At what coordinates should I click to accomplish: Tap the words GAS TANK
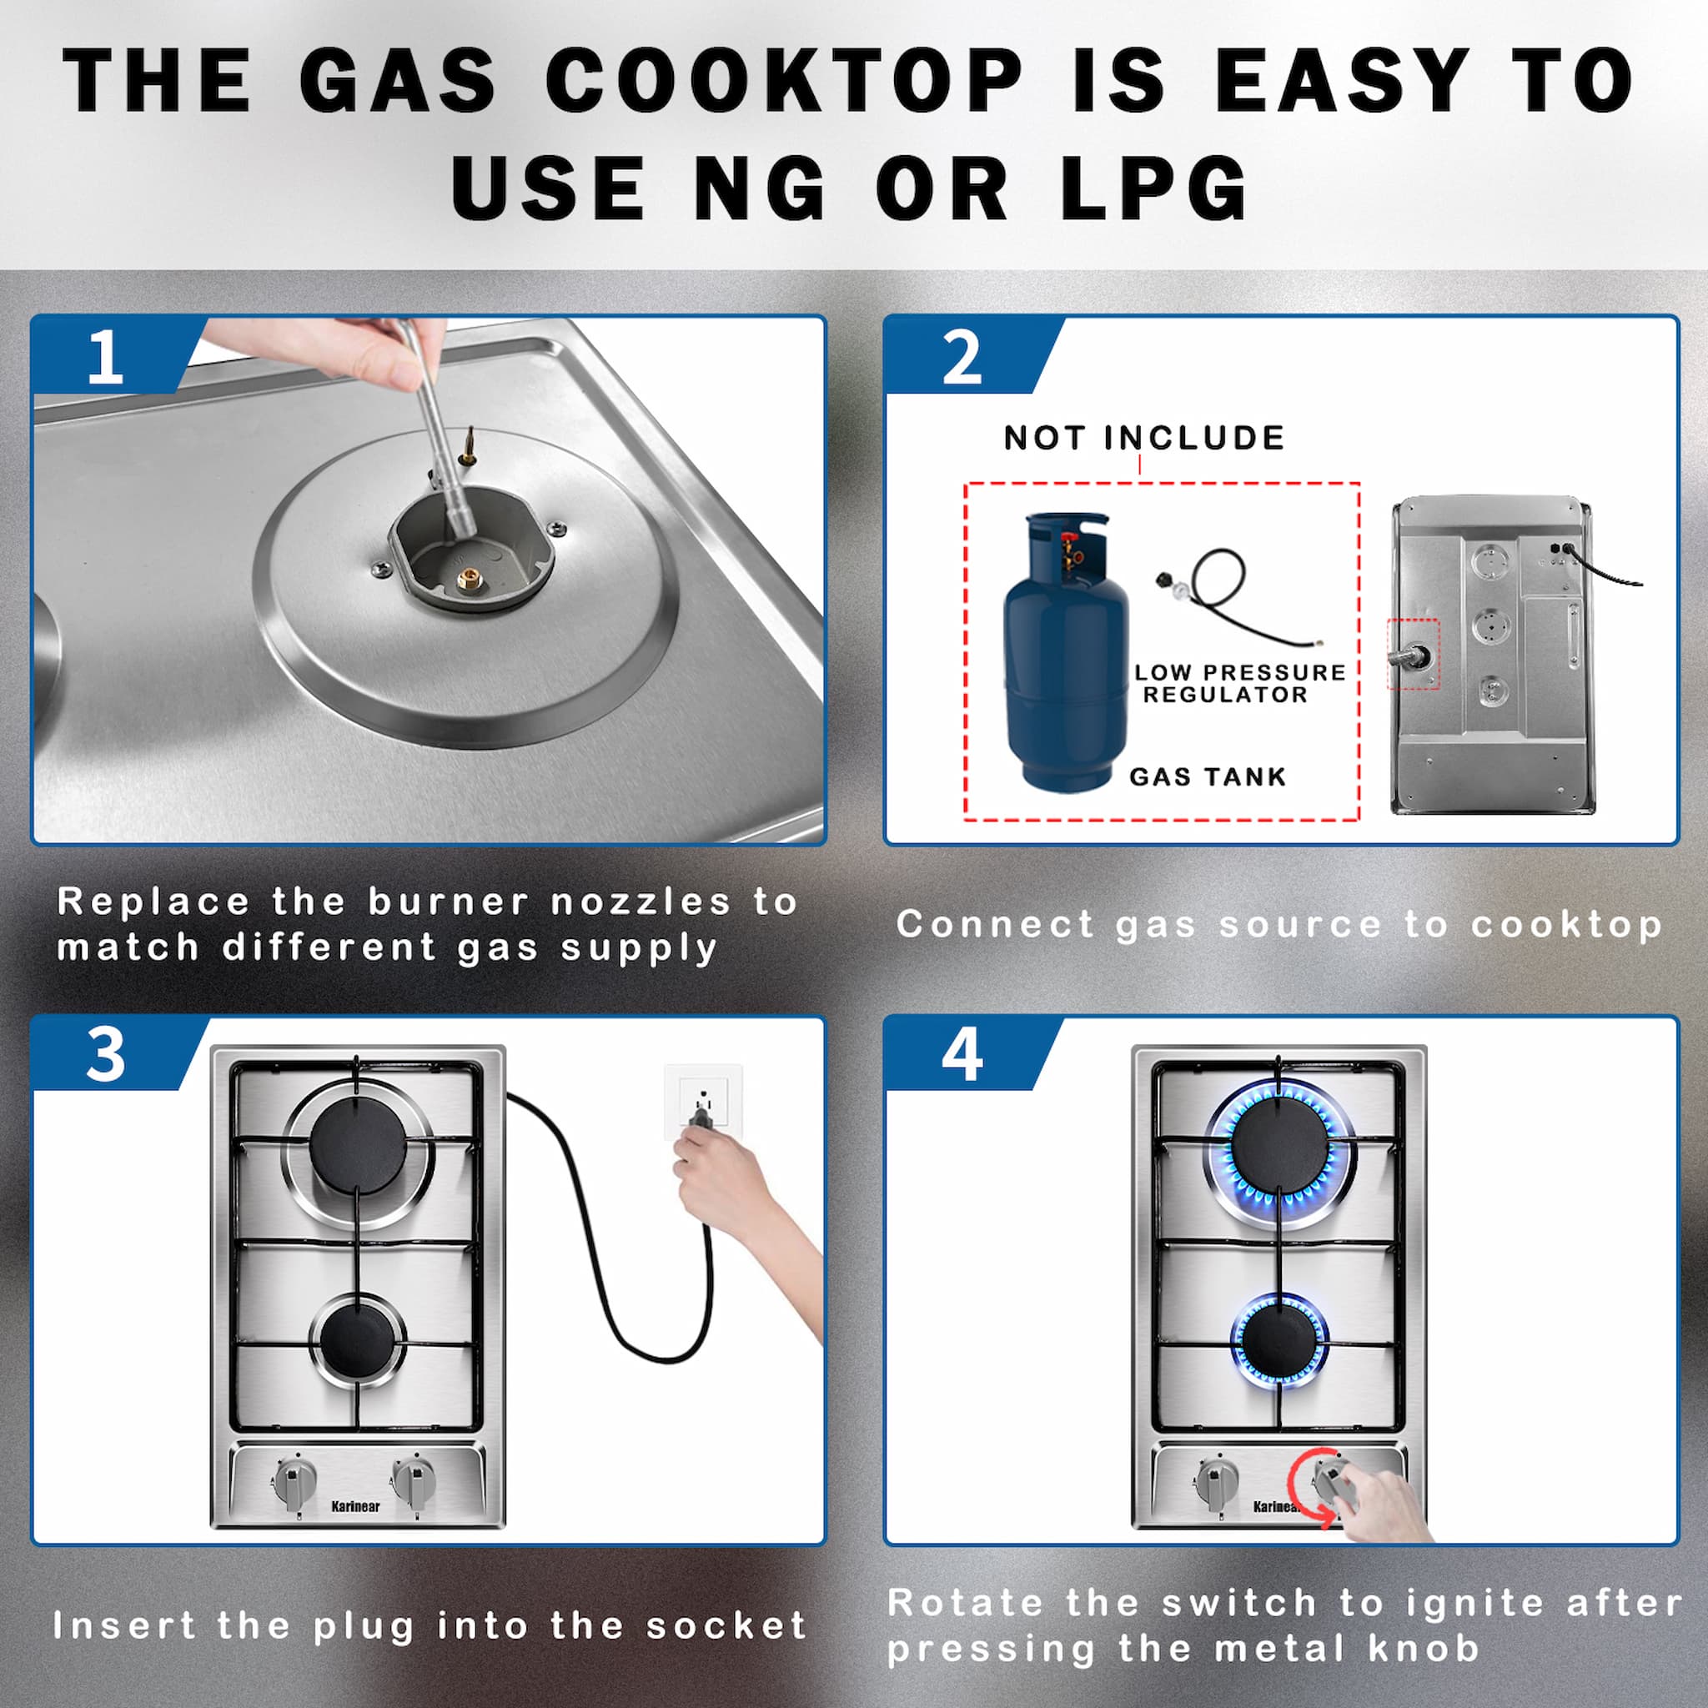(x=1208, y=777)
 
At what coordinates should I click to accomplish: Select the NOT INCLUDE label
(x=1144, y=438)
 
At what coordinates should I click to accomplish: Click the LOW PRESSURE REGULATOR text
(x=1239, y=683)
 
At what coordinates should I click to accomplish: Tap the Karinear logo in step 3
(x=355, y=1506)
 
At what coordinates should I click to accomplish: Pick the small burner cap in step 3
(x=357, y=1341)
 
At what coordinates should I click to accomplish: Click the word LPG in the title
(x=1153, y=188)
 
